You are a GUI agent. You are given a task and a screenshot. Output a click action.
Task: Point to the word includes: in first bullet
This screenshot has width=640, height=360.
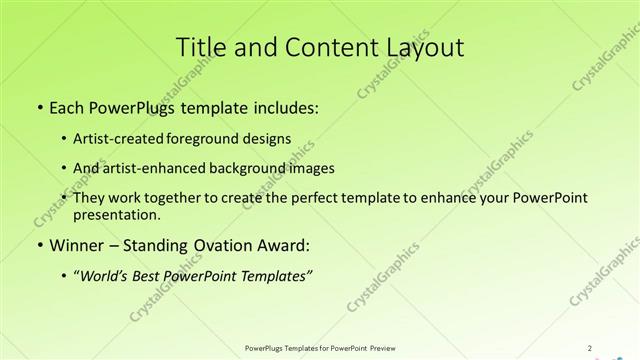(x=285, y=107)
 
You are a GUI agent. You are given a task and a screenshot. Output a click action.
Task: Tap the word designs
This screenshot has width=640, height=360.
(x=270, y=138)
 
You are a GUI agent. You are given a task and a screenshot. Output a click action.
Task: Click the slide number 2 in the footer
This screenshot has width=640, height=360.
(x=590, y=348)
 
